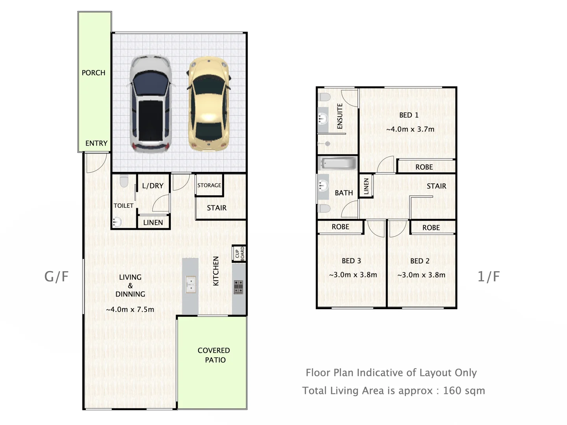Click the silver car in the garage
click(x=151, y=105)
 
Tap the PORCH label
click(x=93, y=73)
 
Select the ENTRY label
click(x=96, y=143)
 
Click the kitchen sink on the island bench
click(x=191, y=284)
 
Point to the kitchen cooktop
click(x=238, y=287)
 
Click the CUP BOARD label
click(x=239, y=254)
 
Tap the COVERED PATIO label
click(x=214, y=355)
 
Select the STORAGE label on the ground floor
click(x=209, y=185)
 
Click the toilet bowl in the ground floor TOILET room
click(x=124, y=181)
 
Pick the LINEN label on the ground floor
click(x=153, y=222)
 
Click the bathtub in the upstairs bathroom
click(x=338, y=163)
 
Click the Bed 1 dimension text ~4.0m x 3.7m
click(x=410, y=129)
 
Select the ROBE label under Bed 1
click(x=424, y=167)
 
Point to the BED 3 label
click(x=351, y=261)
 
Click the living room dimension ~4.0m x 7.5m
click(x=130, y=309)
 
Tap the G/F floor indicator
click(x=56, y=277)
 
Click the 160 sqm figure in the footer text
click(x=464, y=391)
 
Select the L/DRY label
click(x=153, y=186)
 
